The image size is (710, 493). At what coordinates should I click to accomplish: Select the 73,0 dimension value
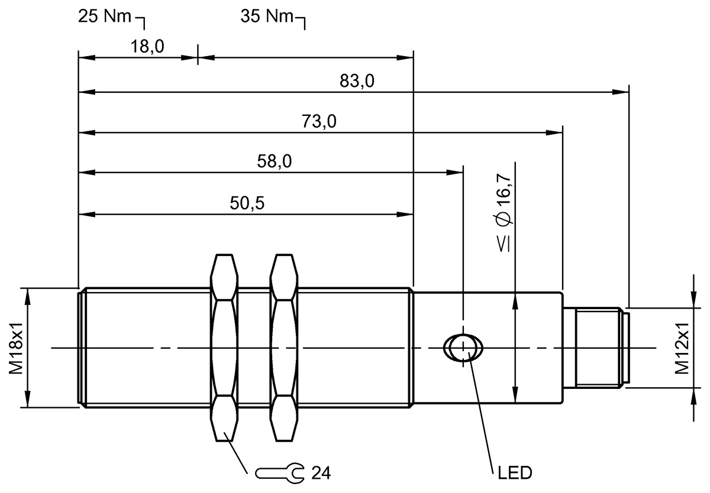click(319, 122)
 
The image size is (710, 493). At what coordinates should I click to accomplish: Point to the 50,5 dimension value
click(247, 203)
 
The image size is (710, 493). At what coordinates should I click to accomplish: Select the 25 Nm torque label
click(104, 16)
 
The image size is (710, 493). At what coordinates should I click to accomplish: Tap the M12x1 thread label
click(683, 348)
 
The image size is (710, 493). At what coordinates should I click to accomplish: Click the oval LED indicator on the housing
click(463, 347)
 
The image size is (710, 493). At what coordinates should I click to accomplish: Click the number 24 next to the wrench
click(319, 473)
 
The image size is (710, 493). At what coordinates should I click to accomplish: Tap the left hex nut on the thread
click(225, 348)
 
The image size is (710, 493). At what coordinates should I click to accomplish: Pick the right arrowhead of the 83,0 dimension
click(621, 92)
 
